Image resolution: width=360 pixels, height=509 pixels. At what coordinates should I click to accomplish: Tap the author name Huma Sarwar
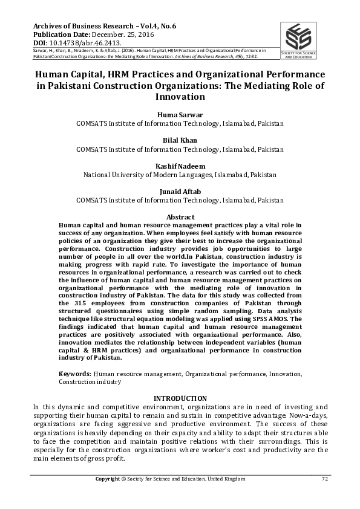point(180,115)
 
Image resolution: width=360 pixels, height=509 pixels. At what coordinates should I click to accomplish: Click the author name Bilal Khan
point(180,140)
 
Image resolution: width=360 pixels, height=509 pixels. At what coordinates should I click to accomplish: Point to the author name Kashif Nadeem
point(180,166)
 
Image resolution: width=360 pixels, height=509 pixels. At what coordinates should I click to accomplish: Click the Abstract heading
point(180,217)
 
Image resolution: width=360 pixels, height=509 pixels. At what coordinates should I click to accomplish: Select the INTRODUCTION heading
point(180,398)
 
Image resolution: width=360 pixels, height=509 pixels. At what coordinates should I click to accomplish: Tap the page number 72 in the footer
point(324,479)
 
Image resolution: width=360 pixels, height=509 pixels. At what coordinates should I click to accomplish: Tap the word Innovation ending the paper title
point(180,97)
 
